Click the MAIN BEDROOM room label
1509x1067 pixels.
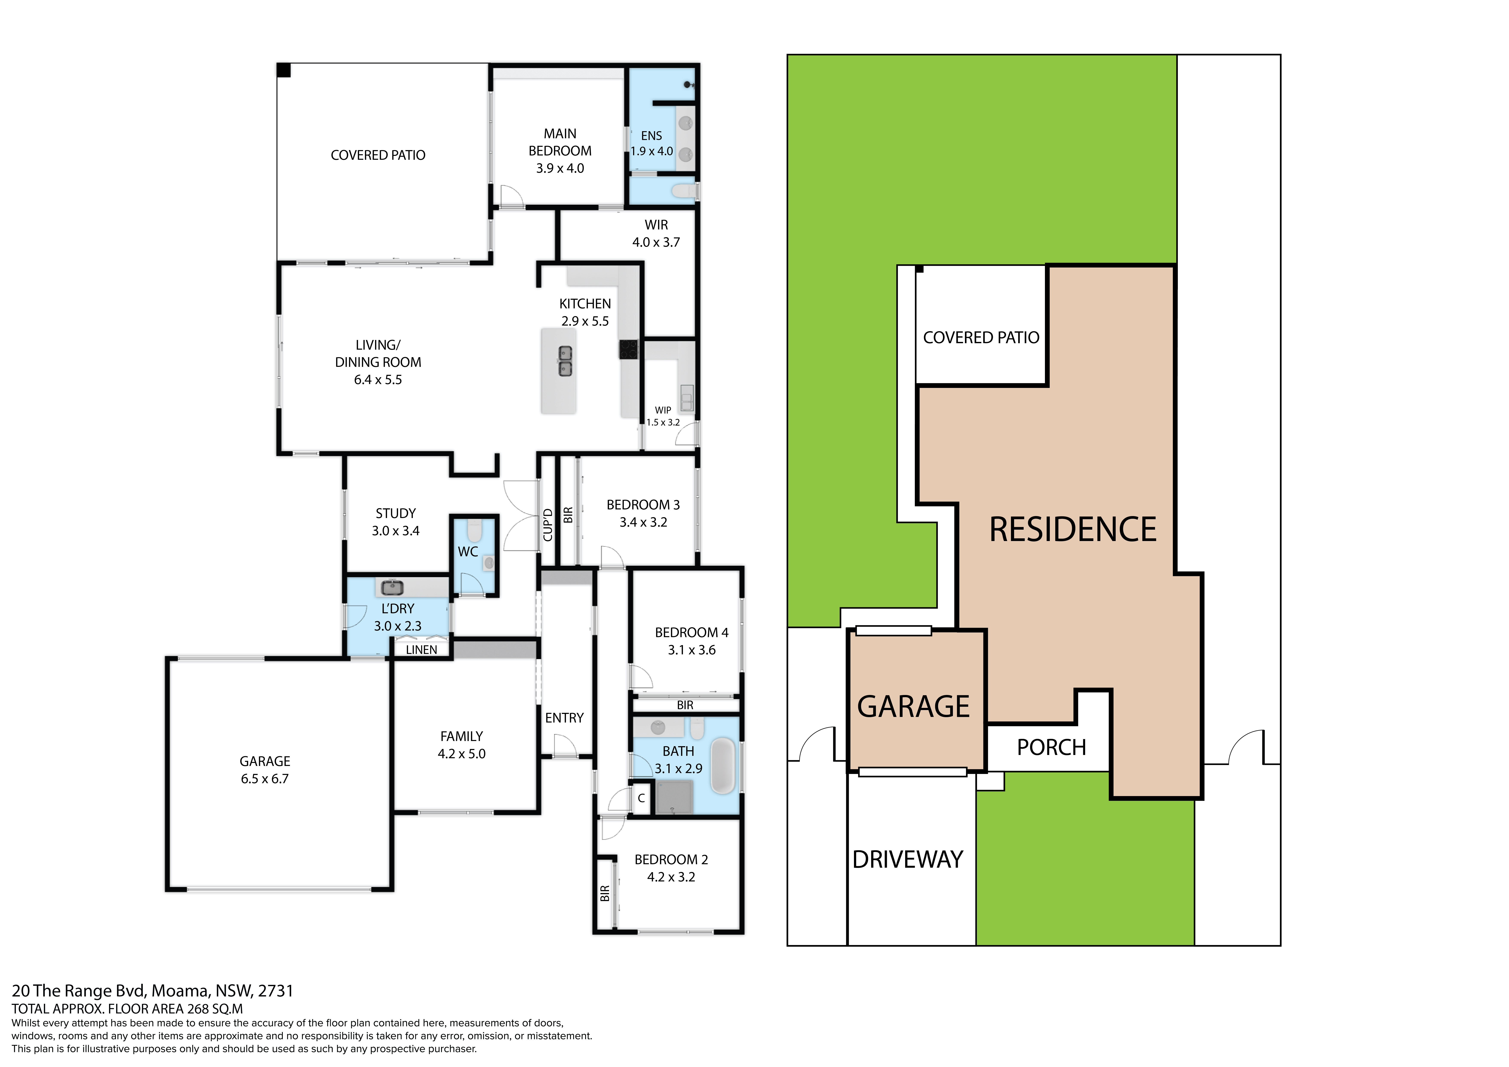560,142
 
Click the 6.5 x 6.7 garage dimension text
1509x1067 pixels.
265,779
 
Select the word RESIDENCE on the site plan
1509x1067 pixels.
1073,530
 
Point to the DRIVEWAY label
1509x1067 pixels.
908,859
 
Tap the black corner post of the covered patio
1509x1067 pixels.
283,70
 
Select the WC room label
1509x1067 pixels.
468,552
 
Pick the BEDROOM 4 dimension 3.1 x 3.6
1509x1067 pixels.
691,650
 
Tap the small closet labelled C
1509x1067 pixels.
641,798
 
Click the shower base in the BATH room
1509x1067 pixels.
674,796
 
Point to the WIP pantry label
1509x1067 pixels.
663,410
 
